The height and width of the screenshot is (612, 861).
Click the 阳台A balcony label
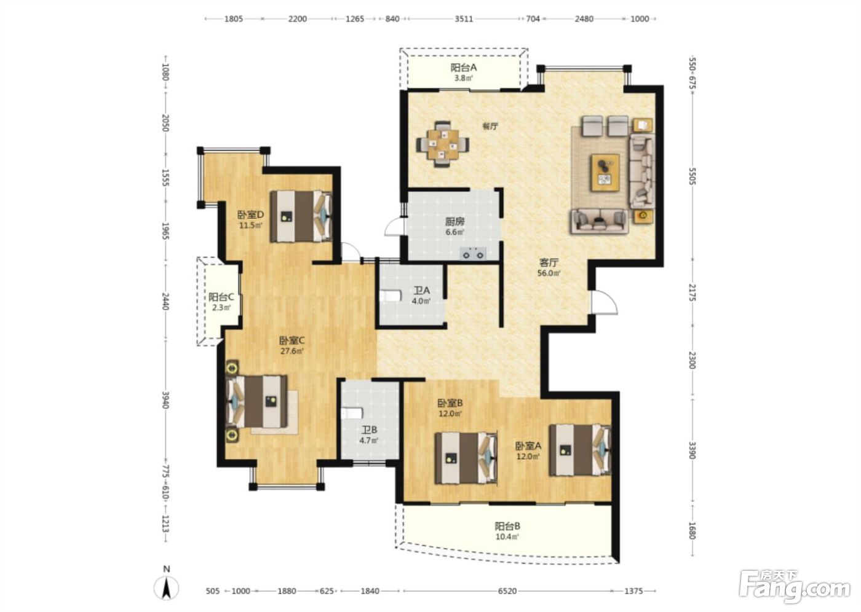click(464, 68)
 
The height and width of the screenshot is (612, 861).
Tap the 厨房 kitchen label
click(454, 222)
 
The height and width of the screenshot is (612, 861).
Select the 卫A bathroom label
click(421, 291)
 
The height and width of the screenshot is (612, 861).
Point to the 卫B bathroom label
click(368, 430)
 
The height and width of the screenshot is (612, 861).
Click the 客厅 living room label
click(549, 262)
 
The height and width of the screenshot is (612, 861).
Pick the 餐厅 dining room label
click(490, 126)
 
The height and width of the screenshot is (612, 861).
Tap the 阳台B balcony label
click(507, 526)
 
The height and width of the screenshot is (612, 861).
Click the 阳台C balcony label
click(221, 297)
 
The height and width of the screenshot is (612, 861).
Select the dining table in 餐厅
click(443, 144)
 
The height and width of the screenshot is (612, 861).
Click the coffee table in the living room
click(605, 173)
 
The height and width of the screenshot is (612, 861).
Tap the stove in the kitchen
click(473, 253)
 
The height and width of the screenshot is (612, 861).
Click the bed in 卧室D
click(301, 216)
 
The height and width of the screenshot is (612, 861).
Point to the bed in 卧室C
click(257, 402)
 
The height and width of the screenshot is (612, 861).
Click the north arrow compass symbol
click(166, 586)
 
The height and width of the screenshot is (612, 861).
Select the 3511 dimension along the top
click(464, 19)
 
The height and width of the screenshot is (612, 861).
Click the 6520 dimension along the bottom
click(507, 591)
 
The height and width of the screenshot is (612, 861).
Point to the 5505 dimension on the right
click(692, 176)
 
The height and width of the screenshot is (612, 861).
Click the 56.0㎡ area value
click(549, 273)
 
